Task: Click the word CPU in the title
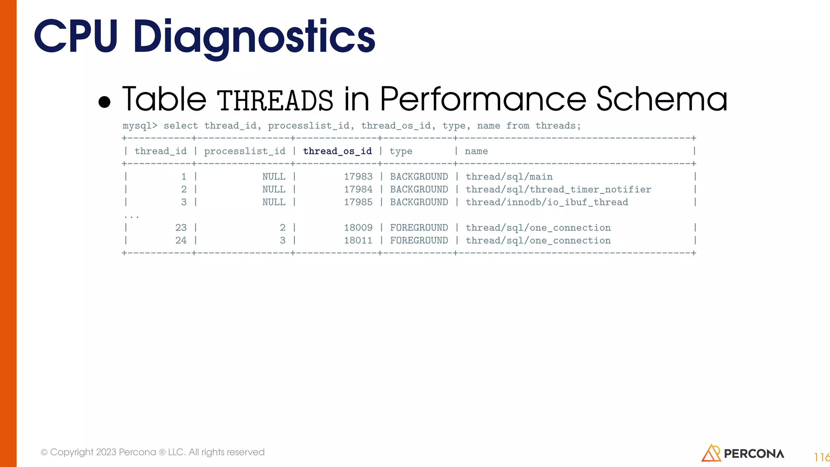coord(76,37)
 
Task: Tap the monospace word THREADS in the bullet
coord(275,101)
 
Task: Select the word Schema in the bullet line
coord(661,99)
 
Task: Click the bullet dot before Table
coord(105,102)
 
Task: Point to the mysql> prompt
coord(140,126)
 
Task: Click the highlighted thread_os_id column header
coord(337,151)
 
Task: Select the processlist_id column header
coord(244,151)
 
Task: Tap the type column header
coord(400,152)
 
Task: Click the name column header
coord(476,151)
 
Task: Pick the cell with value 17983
coord(358,177)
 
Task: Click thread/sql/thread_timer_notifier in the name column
coord(558,189)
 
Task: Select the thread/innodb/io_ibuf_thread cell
coord(547,202)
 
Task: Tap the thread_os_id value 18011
coord(358,240)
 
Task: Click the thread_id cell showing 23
coord(181,228)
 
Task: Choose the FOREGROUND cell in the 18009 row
coord(419,228)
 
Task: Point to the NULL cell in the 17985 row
coord(274,202)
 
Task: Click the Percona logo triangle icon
coord(711,453)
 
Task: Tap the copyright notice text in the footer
coord(152,452)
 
